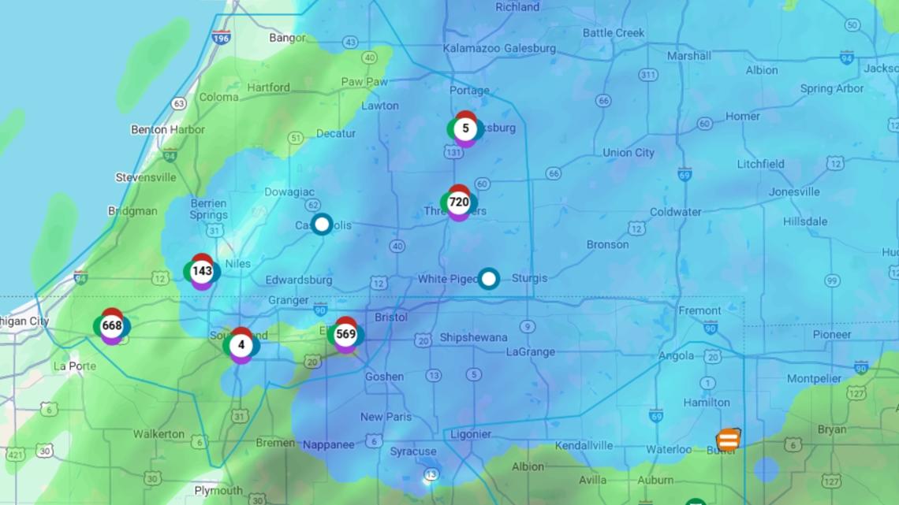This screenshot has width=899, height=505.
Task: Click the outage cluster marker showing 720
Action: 459,202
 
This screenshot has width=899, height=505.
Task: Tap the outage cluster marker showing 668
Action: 112,326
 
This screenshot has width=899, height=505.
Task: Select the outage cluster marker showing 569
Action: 345,334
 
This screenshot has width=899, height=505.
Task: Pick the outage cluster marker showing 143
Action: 202,271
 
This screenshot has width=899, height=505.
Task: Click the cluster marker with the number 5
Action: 465,128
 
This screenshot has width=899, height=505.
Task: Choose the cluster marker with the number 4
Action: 241,345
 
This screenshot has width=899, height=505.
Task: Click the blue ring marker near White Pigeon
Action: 489,279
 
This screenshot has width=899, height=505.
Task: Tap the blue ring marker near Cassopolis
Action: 321,225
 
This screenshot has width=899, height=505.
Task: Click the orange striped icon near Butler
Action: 728,440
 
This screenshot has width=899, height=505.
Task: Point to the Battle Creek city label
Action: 614,33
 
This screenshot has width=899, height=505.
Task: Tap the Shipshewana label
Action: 473,338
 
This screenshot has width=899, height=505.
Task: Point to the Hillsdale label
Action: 805,221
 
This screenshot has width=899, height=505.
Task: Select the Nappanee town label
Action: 329,444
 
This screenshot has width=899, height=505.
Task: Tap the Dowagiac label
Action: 288,191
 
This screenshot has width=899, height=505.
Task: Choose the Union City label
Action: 629,153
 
